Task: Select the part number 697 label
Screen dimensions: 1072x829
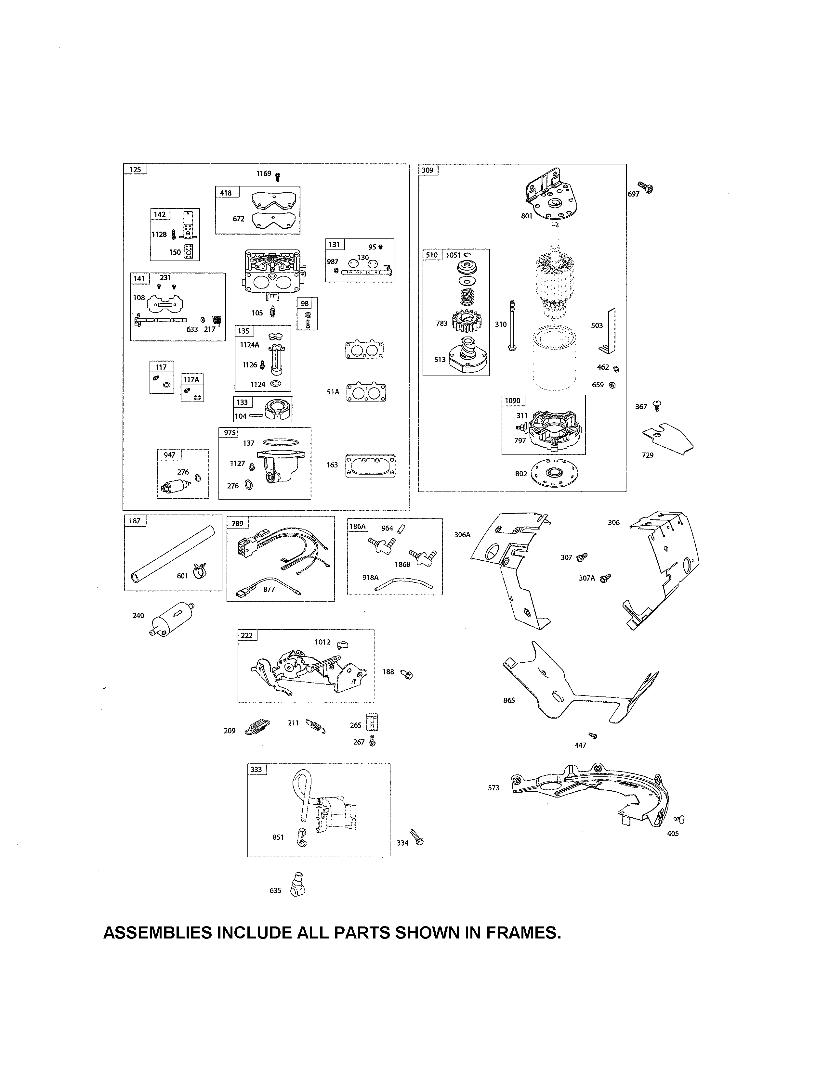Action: pyautogui.click(x=634, y=194)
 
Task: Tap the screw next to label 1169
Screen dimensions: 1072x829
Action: pyautogui.click(x=278, y=176)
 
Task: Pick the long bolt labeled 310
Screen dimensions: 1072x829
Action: pyautogui.click(x=513, y=325)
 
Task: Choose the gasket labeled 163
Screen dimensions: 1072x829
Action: pyautogui.click(x=370, y=465)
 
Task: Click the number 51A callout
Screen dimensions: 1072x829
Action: pyautogui.click(x=333, y=392)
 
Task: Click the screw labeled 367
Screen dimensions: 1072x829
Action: pyautogui.click(x=657, y=405)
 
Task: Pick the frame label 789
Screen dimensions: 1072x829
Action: pyautogui.click(x=238, y=523)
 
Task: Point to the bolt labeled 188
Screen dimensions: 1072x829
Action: pyautogui.click(x=407, y=674)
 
